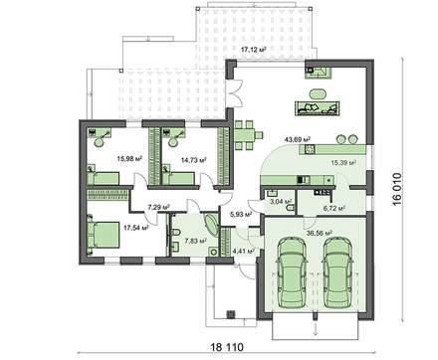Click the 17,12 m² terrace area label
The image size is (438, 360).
[x=262, y=48]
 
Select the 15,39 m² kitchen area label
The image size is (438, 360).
[x=342, y=160]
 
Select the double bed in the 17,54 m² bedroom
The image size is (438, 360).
[x=103, y=236]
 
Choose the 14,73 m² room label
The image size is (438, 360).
[x=193, y=158]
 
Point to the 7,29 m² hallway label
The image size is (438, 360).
[x=157, y=208]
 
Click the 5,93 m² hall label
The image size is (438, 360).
[x=240, y=214]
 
